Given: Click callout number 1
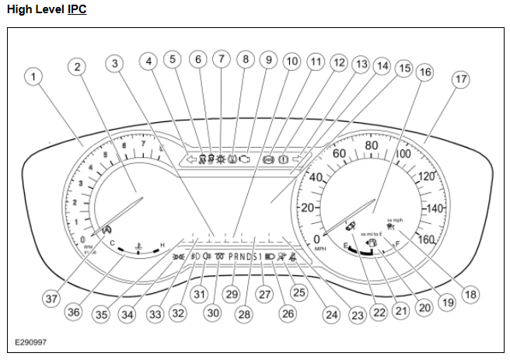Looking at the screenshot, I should (33, 77).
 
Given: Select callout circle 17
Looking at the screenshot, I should (460, 79).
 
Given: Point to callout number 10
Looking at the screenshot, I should (291, 61).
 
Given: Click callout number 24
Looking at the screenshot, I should (333, 315).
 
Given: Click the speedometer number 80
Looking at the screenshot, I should (371, 146).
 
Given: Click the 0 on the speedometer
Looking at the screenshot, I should (316, 239).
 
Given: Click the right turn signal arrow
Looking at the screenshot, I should (295, 159).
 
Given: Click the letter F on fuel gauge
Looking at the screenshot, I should (397, 244).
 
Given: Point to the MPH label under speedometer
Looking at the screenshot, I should (319, 250).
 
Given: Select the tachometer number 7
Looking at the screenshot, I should (143, 144).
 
